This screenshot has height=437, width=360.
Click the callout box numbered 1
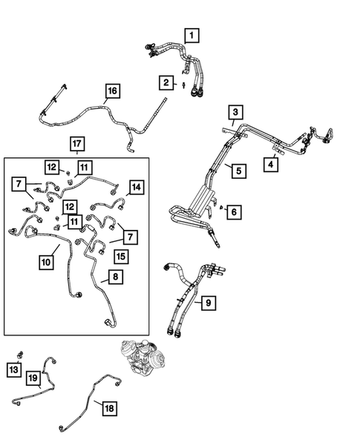(192, 35)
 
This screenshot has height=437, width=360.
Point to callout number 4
(272, 164)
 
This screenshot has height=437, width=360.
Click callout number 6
(234, 212)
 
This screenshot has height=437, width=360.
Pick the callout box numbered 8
(116, 277)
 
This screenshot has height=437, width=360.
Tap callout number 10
(46, 261)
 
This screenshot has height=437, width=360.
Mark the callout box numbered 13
(14, 369)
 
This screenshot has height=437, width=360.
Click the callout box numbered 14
(136, 187)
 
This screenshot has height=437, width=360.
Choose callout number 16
(112, 91)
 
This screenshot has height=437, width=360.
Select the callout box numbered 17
(76, 142)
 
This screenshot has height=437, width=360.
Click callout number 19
(33, 378)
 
